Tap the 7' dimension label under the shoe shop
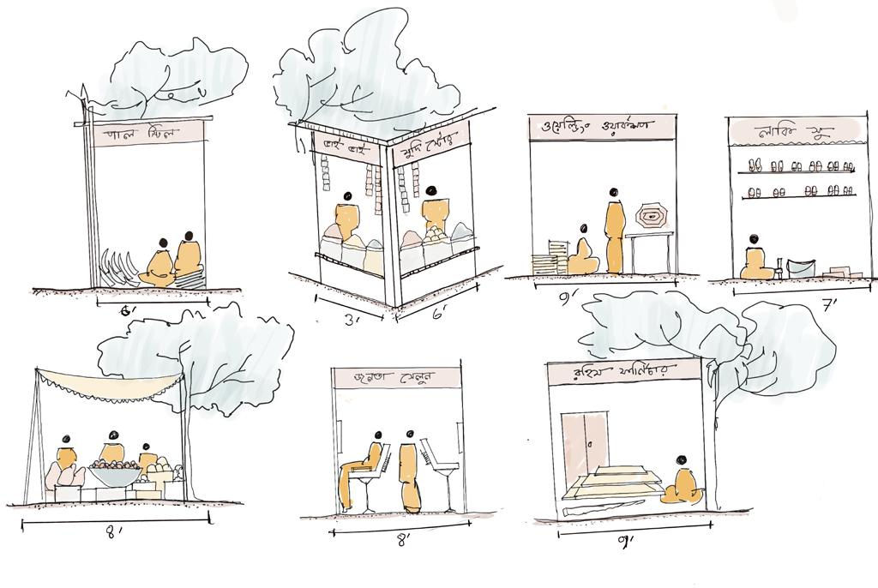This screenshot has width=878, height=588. click(x=829, y=306)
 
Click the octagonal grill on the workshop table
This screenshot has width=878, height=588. click(x=653, y=217)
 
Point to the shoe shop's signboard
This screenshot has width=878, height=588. click(x=790, y=133)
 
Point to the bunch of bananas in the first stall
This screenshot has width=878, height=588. click(x=117, y=267)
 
